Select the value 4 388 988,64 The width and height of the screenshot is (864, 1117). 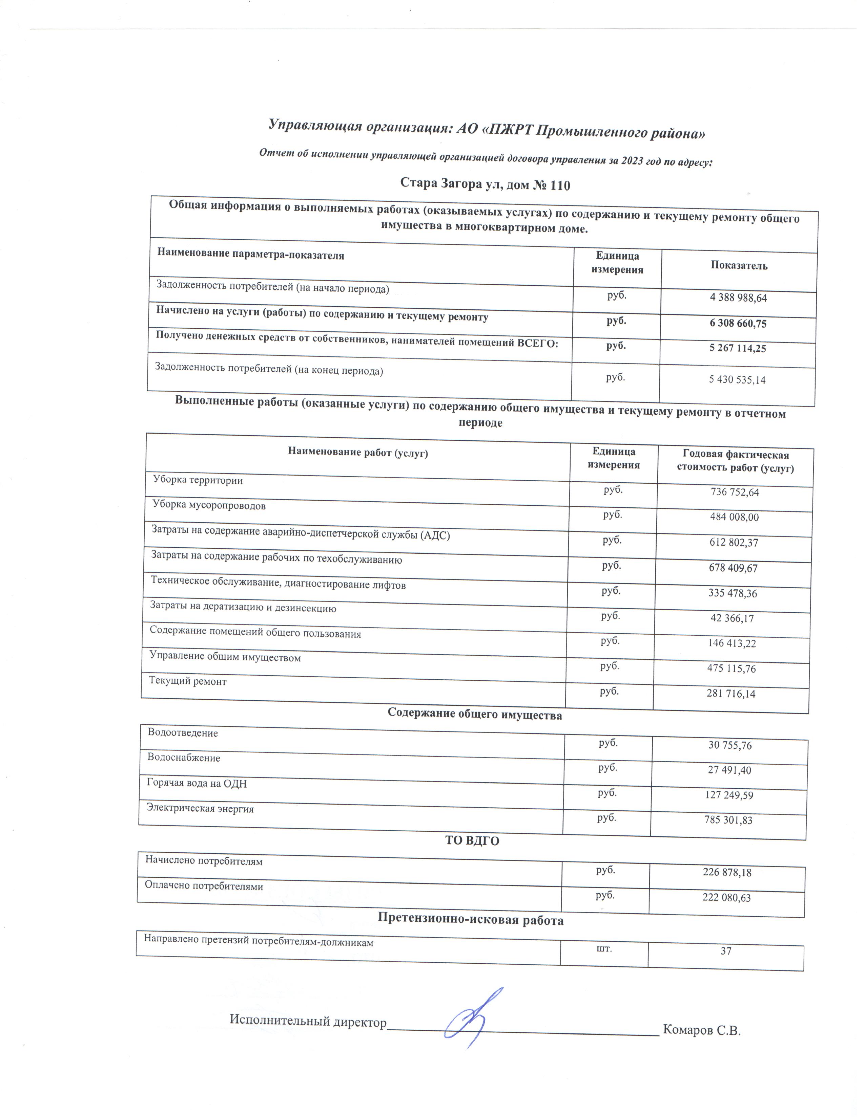738,298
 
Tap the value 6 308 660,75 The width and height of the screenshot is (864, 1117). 738,323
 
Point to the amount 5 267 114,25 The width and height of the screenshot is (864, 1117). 737,348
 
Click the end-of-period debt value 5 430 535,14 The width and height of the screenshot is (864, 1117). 737,379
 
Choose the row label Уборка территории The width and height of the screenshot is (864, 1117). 198,480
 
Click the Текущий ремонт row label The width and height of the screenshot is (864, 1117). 187,681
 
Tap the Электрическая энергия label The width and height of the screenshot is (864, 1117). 200,809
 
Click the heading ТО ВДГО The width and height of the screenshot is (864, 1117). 472,841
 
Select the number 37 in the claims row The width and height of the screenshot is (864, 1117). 726,951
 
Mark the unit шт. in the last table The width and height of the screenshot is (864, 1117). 604,949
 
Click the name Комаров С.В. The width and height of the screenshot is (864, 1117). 702,1030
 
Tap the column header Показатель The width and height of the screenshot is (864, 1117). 739,265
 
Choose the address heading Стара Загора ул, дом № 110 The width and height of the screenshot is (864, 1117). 485,184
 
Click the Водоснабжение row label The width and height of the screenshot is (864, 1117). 183,758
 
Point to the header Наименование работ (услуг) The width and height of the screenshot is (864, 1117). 358,453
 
